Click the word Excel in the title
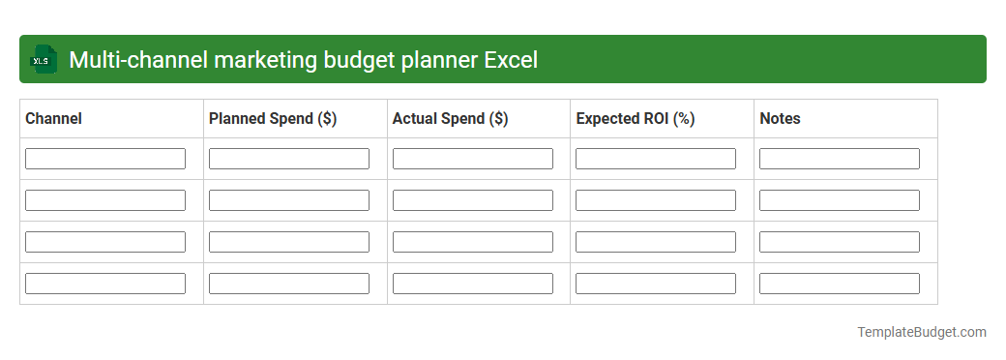pos(511,60)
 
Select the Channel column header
pos(53,119)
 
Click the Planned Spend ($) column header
pos(273,119)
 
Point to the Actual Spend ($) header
pos(450,119)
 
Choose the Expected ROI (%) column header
pos(636,119)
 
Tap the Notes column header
pos(780,119)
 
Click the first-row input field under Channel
pos(105,159)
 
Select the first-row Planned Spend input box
pos(289,159)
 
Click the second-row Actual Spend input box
pos(473,200)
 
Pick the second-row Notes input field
pos(840,200)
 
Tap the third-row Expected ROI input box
pos(656,242)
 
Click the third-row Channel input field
pos(105,242)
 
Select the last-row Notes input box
pos(840,284)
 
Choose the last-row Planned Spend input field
pos(289,284)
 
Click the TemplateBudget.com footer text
pos(922,332)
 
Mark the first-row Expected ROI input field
pos(656,159)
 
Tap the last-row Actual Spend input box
pos(473,284)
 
